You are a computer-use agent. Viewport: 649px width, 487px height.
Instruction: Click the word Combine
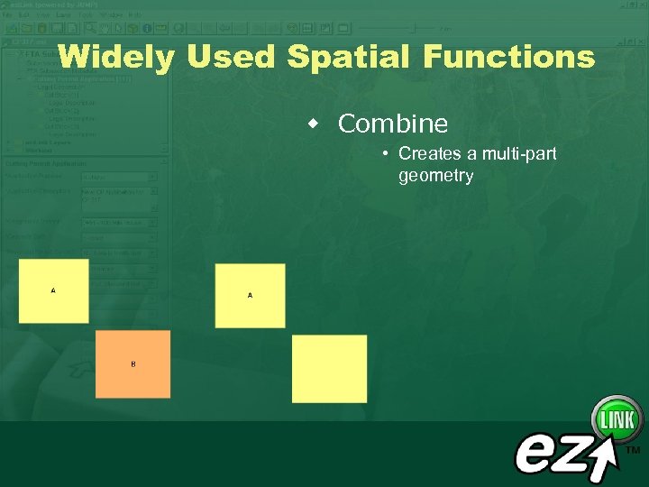click(392, 124)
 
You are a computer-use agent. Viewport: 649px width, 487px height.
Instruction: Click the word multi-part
click(519, 154)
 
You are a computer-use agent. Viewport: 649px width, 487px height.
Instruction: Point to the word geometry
click(435, 176)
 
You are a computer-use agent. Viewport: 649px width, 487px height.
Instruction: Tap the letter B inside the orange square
click(133, 363)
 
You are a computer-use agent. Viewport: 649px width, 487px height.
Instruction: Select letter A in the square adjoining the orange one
click(53, 290)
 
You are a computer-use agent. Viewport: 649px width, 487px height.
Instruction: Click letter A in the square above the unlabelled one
click(250, 295)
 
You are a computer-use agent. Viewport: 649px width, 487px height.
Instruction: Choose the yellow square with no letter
click(329, 368)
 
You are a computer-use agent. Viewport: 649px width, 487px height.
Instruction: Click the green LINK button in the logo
click(617, 419)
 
